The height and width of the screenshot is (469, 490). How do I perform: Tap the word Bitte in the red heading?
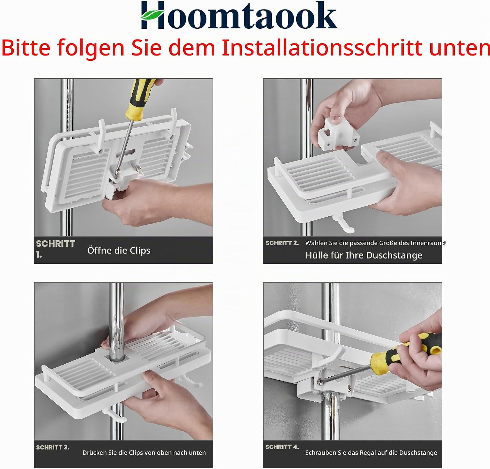26,48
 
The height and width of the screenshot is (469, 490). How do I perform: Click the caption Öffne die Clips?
119,250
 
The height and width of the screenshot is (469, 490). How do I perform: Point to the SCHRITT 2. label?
282,243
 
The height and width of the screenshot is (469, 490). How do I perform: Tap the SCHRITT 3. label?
53,447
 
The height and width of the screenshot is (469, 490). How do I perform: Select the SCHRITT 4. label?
282,447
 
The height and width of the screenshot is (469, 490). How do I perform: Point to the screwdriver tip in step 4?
319,381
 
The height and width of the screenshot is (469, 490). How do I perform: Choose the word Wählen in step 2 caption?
317,243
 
